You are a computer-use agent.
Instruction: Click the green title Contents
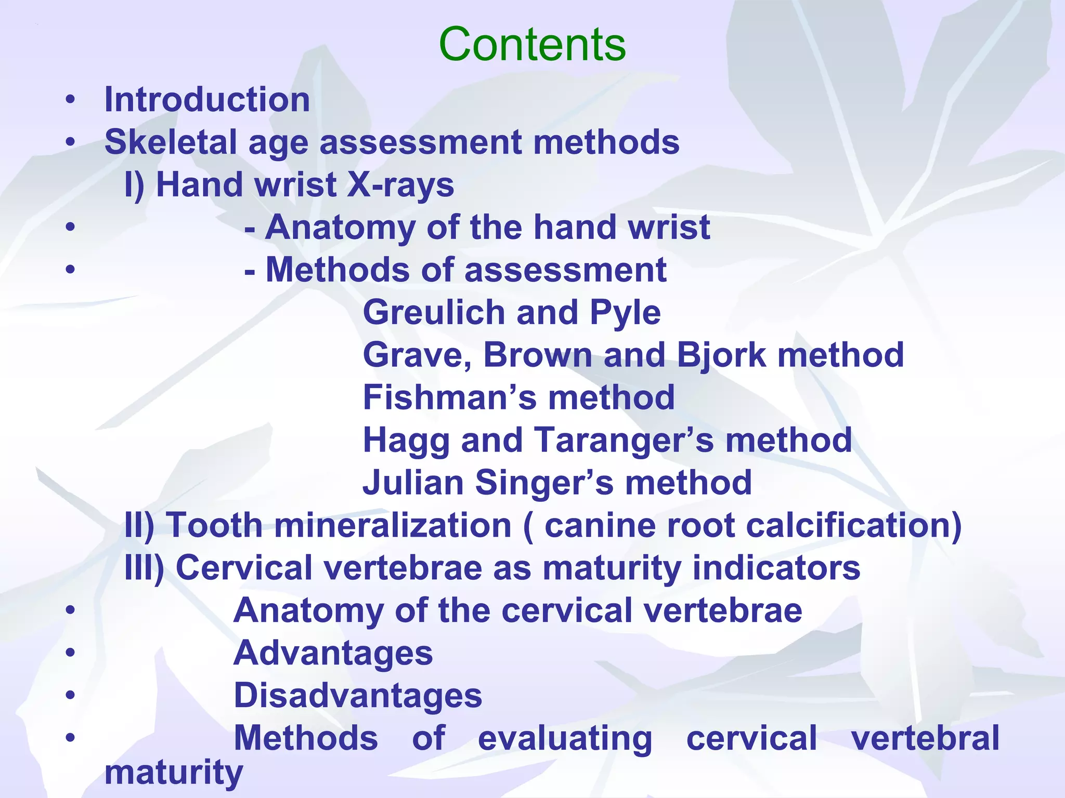(x=532, y=44)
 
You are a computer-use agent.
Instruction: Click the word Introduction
(x=207, y=99)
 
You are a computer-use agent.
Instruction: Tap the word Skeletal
(x=171, y=142)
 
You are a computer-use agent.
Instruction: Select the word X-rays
(x=400, y=185)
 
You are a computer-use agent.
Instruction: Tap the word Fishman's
(x=449, y=397)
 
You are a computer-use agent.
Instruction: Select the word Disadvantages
(x=358, y=696)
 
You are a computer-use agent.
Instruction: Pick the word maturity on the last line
(x=174, y=773)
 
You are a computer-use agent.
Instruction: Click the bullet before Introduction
(x=71, y=99)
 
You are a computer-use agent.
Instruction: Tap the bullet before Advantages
(x=71, y=653)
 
